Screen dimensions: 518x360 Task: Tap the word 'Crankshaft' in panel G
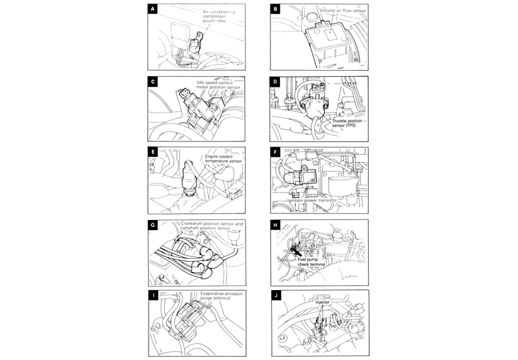[196, 222]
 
